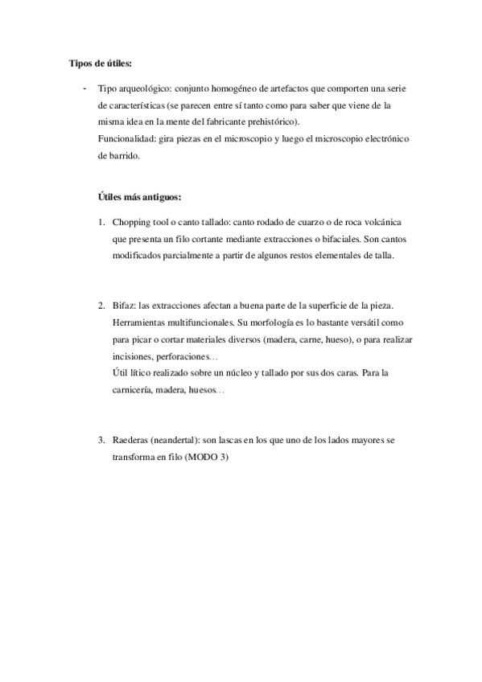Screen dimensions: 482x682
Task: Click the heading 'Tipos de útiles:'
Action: [x=97, y=64]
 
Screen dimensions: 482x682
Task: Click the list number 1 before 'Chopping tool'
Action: [x=101, y=221]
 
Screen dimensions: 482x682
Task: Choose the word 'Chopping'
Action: [x=132, y=221]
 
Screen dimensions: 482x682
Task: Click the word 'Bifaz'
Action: [x=124, y=306]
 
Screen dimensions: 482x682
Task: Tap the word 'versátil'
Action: [x=347, y=323]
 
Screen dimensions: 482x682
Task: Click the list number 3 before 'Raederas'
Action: [x=101, y=442]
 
